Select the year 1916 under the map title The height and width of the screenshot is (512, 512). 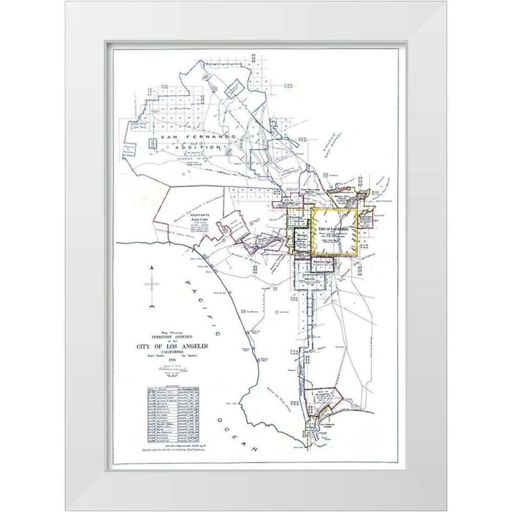pos(172,360)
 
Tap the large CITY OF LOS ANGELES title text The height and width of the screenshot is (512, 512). pos(172,348)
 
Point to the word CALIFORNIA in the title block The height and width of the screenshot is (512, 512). pos(172,354)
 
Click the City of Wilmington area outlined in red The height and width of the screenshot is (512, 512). pos(324,396)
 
